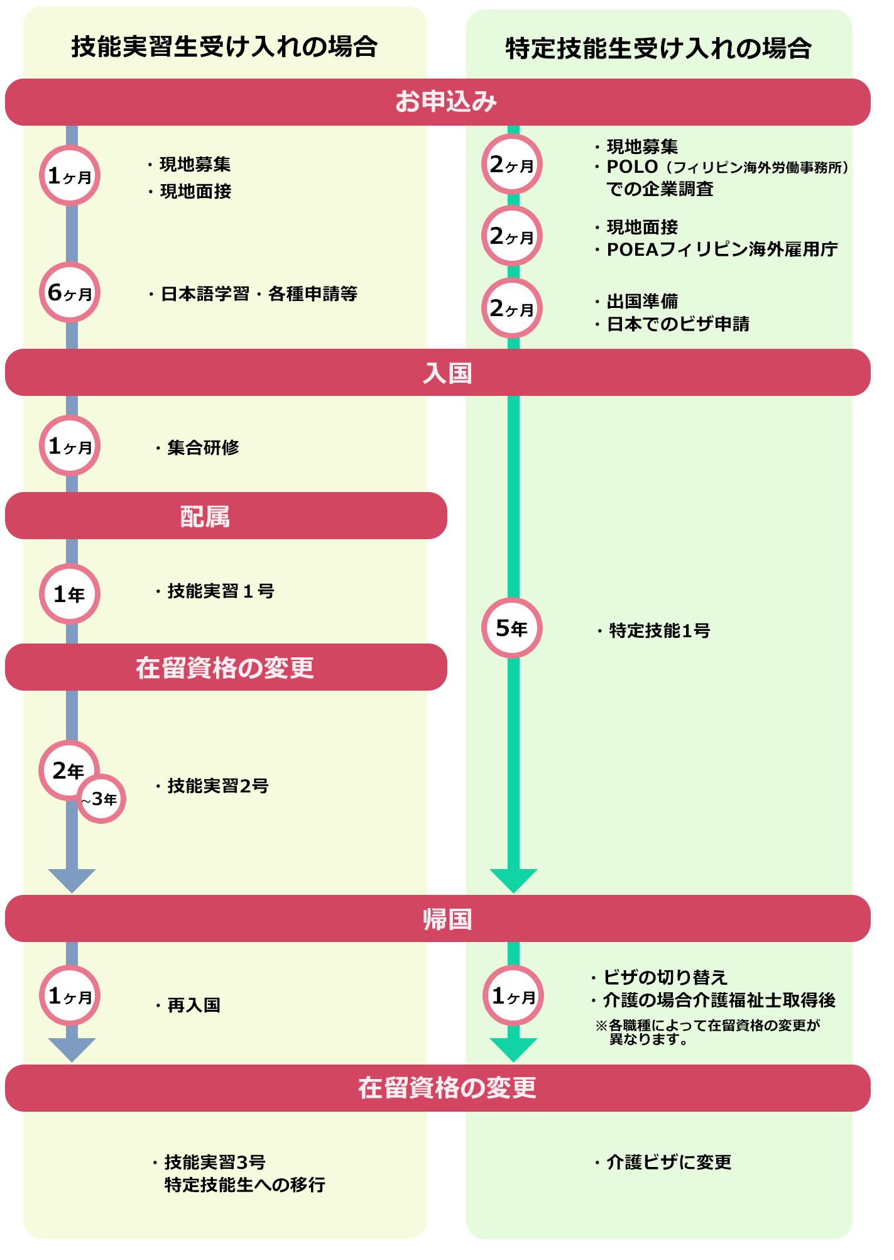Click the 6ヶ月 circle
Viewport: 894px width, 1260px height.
coord(70,292)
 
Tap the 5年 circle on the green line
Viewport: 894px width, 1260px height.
coord(512,628)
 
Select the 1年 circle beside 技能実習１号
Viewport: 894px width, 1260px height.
coord(70,594)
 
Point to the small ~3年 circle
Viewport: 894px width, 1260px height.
coord(101,799)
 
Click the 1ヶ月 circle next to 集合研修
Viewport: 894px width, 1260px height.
coord(70,446)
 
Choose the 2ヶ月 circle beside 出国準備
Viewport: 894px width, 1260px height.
coord(512,309)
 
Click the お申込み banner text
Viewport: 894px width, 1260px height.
coord(445,102)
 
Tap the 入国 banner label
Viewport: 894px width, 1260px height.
coord(447,373)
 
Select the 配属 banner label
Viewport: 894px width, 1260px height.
coord(205,517)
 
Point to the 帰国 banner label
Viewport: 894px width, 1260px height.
coord(447,919)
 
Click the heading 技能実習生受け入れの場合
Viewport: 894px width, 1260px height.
coord(224,47)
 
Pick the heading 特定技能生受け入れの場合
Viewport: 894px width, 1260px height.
coord(658,48)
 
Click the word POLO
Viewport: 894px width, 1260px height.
coord(632,167)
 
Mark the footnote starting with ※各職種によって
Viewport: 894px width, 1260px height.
coord(707,1032)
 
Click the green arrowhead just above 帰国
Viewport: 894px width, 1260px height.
coord(513,880)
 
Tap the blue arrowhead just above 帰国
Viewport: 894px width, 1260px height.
coord(72,880)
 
